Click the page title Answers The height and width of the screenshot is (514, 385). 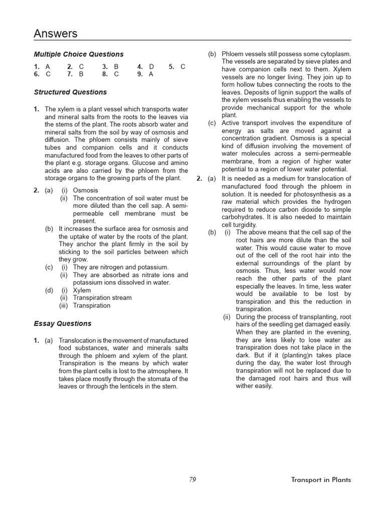[x=56, y=34]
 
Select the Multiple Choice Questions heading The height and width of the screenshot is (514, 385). [x=79, y=54]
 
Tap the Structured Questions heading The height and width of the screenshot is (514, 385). [x=70, y=92]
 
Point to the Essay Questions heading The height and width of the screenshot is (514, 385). [x=63, y=324]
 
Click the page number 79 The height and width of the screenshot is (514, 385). [x=192, y=480]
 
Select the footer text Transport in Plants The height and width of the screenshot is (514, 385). [x=321, y=480]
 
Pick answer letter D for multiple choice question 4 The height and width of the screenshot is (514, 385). [x=152, y=66]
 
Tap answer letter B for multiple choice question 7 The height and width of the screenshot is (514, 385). [x=81, y=74]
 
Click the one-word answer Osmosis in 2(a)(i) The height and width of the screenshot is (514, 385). [x=86, y=191]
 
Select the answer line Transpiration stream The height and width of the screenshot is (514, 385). [x=102, y=298]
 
